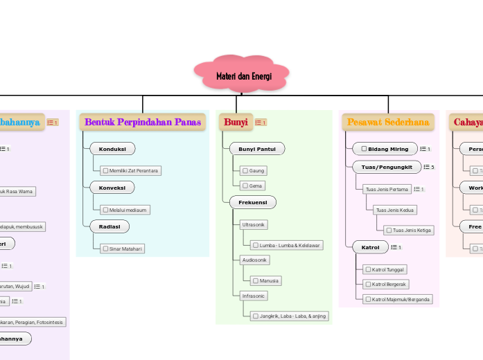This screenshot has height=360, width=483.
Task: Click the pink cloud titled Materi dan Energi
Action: tap(242, 75)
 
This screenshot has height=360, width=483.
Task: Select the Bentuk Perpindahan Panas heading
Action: tap(143, 122)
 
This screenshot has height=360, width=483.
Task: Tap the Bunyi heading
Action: tap(236, 122)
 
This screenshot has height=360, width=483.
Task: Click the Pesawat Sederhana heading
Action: tap(388, 122)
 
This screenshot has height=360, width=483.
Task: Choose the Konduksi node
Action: tap(112, 148)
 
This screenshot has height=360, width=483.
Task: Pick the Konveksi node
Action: tap(112, 187)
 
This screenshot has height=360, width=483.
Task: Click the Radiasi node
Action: tap(109, 226)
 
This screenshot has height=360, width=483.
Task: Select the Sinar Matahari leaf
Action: tap(122, 249)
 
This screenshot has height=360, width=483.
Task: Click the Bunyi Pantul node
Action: tap(256, 148)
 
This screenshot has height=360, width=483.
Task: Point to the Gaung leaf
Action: tap(253, 170)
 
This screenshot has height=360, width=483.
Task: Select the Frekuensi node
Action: tap(252, 202)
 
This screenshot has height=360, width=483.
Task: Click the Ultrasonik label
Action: tap(253, 225)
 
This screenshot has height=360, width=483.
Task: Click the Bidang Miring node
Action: tap(385, 148)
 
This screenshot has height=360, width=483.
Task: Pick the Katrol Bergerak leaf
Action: tap(386, 284)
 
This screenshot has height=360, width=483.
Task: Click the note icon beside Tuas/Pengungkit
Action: tap(425, 167)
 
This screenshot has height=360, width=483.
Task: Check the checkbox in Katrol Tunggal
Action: tap(367, 269)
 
